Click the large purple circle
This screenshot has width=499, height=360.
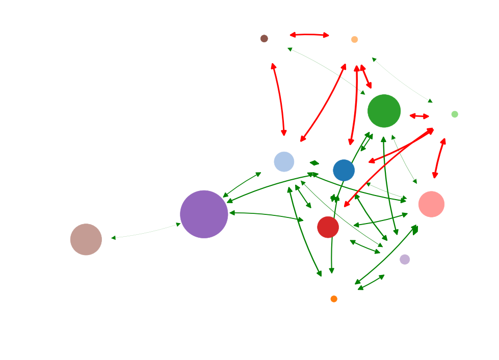[204, 214]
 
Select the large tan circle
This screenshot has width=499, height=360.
[86, 239]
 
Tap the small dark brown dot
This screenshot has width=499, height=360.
[264, 39]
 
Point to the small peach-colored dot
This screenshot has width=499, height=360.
[355, 40]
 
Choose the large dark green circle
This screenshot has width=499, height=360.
[384, 111]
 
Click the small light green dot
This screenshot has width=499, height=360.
[455, 114]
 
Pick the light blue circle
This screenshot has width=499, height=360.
[284, 162]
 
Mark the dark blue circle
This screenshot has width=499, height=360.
[344, 170]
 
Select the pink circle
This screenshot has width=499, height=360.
[432, 204]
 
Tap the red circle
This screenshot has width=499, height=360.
[328, 227]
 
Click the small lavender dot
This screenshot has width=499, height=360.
[405, 260]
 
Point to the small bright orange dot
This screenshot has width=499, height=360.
[334, 299]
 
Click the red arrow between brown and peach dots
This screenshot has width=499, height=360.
[309, 35]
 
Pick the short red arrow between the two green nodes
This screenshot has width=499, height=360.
[419, 116]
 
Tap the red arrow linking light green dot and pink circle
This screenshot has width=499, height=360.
[439, 158]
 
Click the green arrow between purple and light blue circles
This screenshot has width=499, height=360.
[242, 185]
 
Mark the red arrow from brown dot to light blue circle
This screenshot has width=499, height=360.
[279, 99]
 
